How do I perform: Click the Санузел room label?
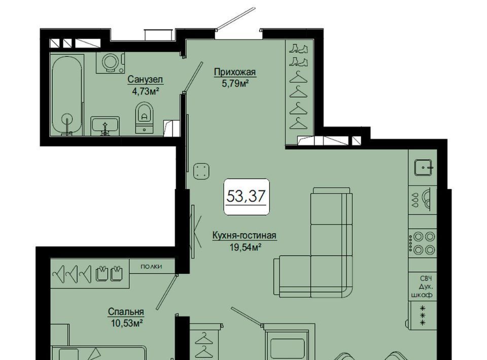click(145, 80)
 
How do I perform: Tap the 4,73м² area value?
click(146, 91)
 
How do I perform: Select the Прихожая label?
click(235, 72)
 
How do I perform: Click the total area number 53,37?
click(246, 196)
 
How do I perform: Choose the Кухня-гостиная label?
click(244, 236)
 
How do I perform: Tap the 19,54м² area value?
click(244, 247)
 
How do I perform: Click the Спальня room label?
click(126, 311)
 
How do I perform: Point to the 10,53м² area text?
click(126, 323)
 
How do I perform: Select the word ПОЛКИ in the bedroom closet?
click(151, 267)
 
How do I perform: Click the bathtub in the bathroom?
click(67, 95)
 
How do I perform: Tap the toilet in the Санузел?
click(145, 117)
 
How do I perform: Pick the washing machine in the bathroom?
click(110, 63)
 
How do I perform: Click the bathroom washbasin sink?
click(105, 126)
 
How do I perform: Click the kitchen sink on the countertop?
click(423, 167)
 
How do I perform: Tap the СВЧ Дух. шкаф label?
click(422, 286)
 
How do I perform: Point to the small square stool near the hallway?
click(201, 171)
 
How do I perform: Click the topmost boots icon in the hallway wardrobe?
click(298, 49)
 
